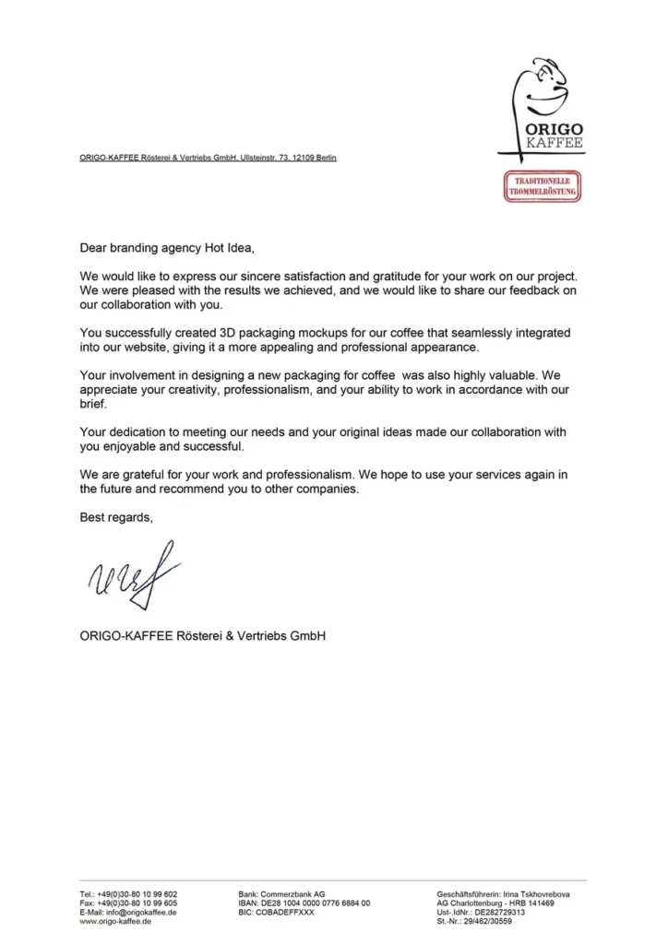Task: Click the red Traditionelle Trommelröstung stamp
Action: click(543, 186)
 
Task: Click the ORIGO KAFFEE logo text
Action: click(553, 136)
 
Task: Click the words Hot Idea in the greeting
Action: click(221, 248)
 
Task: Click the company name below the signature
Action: click(203, 635)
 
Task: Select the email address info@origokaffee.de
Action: click(139, 913)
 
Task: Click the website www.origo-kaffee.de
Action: click(115, 922)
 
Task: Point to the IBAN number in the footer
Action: click(314, 903)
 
